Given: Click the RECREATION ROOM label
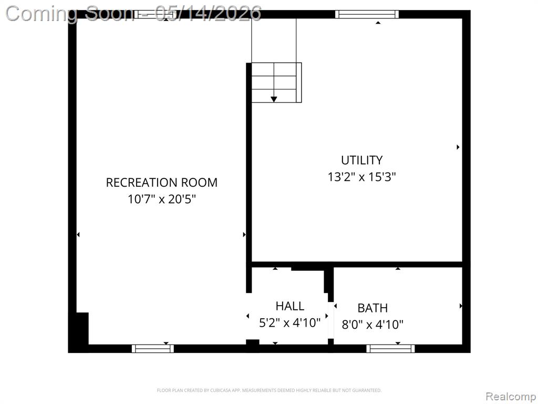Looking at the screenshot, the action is coord(162,183).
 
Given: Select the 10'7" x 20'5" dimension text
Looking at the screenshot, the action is coord(162,199).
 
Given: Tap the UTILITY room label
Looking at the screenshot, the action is coord(361,160).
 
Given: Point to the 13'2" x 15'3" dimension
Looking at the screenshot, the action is coord(361,177).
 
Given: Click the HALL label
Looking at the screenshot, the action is coord(290,306).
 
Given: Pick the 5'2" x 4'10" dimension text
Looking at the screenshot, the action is coord(290,322).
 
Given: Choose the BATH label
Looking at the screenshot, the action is coord(373,308).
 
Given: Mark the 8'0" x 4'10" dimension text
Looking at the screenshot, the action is coord(373,324).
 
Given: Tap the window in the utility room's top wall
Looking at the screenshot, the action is coord(367,14).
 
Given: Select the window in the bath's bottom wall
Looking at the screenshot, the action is coord(390,349).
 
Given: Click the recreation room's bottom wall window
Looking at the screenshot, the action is coord(153,349).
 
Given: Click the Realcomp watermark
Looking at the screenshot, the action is coord(511,396).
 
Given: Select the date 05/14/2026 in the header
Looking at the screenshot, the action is coord(208,14).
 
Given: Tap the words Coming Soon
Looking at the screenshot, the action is coord(70,14).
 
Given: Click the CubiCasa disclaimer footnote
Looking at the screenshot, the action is coord(269,390).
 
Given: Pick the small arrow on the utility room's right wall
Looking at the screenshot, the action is coord(458,147).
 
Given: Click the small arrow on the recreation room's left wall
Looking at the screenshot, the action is coord(78,235).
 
